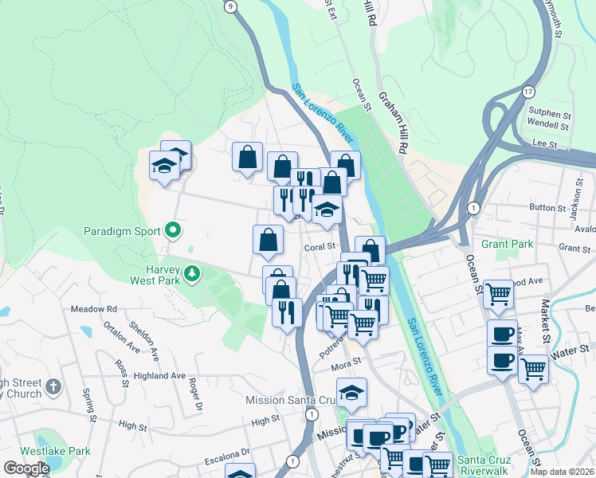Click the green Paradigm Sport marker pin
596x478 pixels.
point(173,232)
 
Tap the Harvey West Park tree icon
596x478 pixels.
point(191,274)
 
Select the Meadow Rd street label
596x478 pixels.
point(93,309)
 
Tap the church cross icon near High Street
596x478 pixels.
point(53,388)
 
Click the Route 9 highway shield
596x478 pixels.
point(231,6)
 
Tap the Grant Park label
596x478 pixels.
point(506,244)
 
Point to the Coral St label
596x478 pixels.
point(320,248)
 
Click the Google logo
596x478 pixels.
point(26,468)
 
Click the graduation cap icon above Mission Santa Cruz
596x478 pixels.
point(351,391)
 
